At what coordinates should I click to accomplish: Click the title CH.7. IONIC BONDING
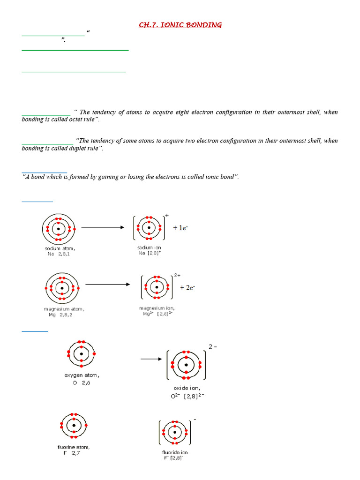pos(180,25)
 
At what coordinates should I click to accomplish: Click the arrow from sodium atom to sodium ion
pos(103,227)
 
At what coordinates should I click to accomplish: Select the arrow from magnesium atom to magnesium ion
pos(107,285)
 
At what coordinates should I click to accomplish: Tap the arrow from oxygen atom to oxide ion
pos(150,360)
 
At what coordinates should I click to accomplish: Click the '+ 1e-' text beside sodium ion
pos(180,228)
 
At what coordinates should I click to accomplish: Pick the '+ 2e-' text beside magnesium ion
pos(187,288)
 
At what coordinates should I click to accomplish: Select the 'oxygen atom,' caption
pos(82,375)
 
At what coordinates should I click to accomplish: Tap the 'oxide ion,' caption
pos(186,388)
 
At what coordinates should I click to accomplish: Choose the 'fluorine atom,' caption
pos(74,447)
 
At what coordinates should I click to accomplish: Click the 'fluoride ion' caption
pos(175,452)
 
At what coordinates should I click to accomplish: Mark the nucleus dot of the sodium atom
pos(59,229)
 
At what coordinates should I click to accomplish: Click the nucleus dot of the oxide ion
pos(186,365)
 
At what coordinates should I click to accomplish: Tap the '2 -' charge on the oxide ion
pos(213,347)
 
